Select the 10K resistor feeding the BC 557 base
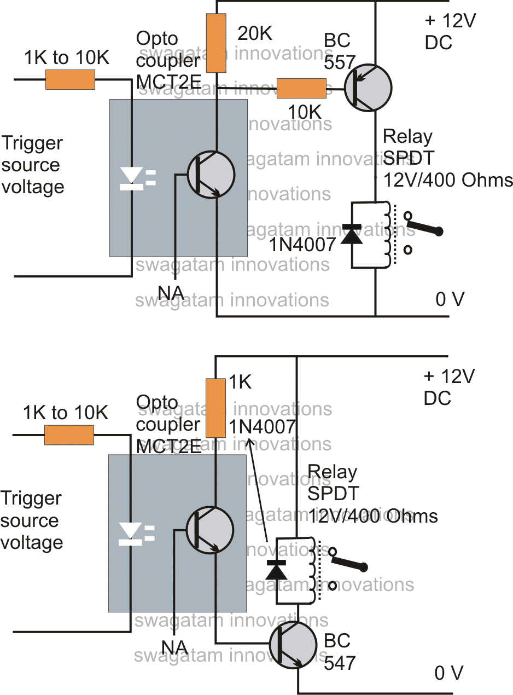301,88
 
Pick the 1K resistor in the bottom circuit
216,408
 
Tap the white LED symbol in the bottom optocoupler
131,533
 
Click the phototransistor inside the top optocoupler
211,175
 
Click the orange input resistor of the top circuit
69,80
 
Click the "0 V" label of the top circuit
450,299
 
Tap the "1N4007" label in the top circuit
302,245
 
